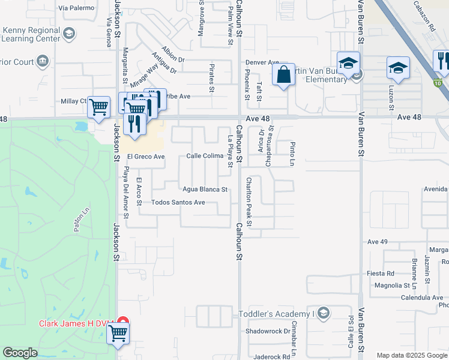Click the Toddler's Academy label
(x=277, y=314)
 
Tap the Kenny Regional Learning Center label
(x=31, y=34)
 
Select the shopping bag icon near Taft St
(x=283, y=76)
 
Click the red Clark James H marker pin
(x=122, y=322)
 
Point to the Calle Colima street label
(x=205, y=156)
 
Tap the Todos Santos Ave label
(x=178, y=202)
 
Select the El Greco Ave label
(x=145, y=157)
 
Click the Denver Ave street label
(x=262, y=62)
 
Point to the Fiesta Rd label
(x=380, y=273)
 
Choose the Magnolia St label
(x=387, y=285)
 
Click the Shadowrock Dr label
(x=267, y=331)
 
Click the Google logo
(x=20, y=353)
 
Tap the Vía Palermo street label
(x=77, y=8)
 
